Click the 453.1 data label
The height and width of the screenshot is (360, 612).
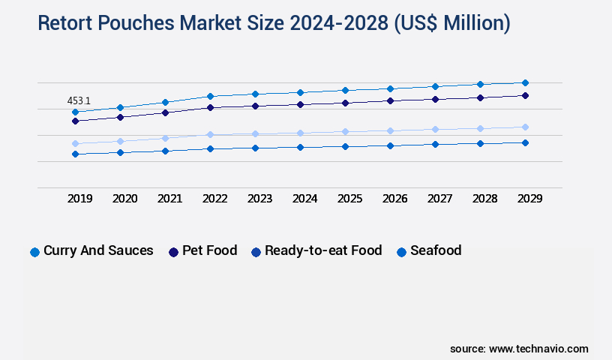[x=79, y=100]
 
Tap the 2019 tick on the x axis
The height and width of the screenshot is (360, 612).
[x=80, y=199]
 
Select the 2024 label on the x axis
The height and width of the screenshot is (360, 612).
[x=305, y=199]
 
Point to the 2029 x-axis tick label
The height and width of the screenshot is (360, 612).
[x=529, y=199]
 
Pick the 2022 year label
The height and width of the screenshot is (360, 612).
[x=215, y=199]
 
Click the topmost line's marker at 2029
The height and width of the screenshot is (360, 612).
[x=525, y=82]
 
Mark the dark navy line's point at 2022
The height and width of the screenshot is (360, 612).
[x=210, y=107]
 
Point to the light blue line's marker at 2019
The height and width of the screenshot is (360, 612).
[x=75, y=143]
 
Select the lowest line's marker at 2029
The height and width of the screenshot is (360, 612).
[x=525, y=142]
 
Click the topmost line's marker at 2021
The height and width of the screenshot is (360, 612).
[x=165, y=102]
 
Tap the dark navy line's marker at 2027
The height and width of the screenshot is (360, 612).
[x=435, y=99]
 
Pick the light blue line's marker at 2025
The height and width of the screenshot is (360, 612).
[x=345, y=131]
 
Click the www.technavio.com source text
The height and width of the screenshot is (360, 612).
[x=538, y=349]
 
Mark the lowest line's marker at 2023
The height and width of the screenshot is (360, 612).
[x=255, y=148]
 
